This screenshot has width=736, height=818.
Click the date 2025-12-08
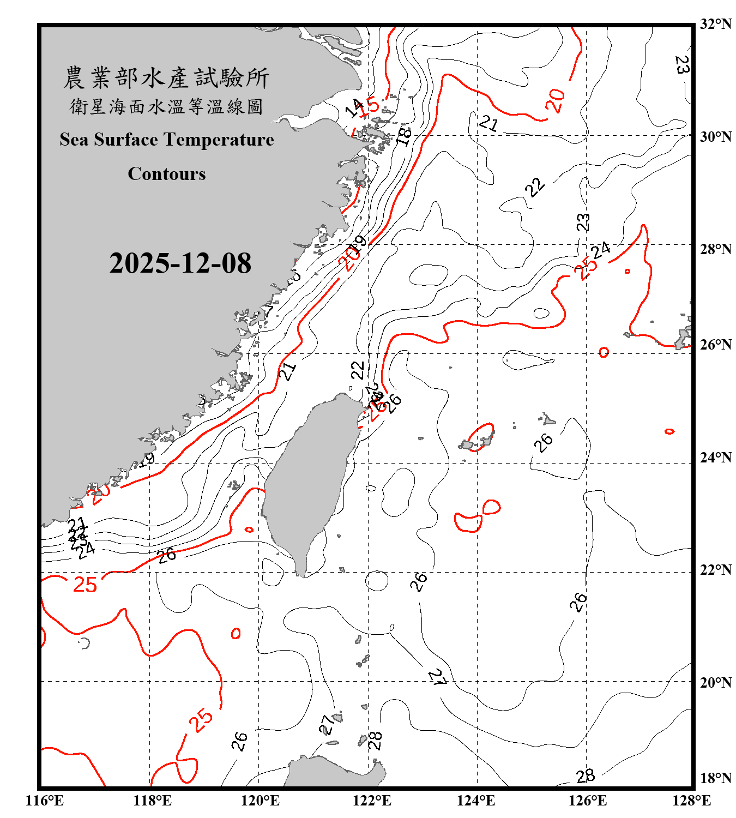pyautogui.click(x=180, y=263)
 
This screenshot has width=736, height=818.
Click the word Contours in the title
pyautogui.click(x=167, y=174)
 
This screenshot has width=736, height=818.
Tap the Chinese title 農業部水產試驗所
pyautogui.click(x=166, y=78)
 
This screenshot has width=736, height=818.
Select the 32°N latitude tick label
pyautogui.click(x=715, y=24)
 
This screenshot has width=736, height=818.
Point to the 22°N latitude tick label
pyautogui.click(x=715, y=570)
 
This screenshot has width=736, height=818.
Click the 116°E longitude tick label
pyautogui.click(x=45, y=801)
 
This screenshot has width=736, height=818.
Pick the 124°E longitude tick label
pyautogui.click(x=476, y=801)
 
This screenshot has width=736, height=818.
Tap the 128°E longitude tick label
pyautogui.click(x=691, y=801)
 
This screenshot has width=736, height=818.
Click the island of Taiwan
pyautogui.click(x=308, y=480)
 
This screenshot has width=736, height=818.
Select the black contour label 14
pyautogui.click(x=354, y=109)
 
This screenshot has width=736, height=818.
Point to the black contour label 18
pyautogui.click(x=404, y=136)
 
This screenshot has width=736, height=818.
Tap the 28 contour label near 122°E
pyautogui.click(x=375, y=741)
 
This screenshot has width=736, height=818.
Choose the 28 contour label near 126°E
pyautogui.click(x=585, y=776)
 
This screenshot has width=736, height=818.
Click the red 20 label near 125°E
pyautogui.click(x=556, y=101)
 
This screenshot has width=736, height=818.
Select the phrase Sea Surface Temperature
pyautogui.click(x=167, y=140)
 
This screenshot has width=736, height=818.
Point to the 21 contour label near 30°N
pyautogui.click(x=488, y=124)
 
